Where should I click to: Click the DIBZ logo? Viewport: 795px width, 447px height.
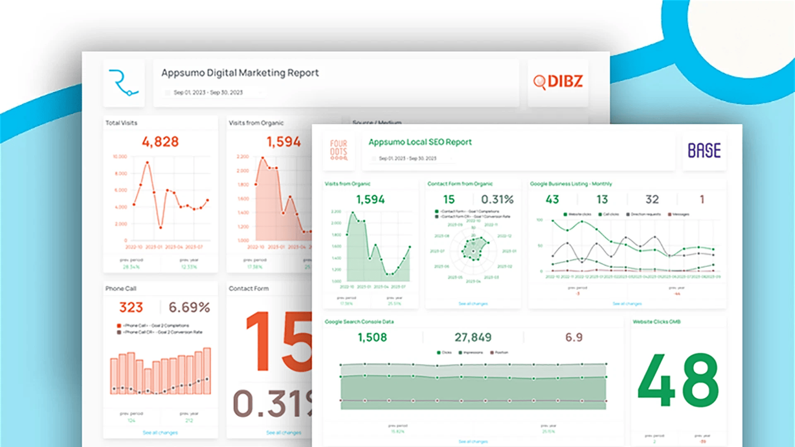pos(558,82)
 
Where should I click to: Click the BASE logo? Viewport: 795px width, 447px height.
pos(704,150)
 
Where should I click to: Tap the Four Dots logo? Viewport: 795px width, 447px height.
pos(339,150)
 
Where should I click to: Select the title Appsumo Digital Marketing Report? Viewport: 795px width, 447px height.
pos(240,73)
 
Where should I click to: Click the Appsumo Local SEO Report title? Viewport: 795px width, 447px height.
pos(420,142)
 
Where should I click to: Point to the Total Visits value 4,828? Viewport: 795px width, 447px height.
pos(160,142)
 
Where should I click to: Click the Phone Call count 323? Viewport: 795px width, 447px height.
pos(131,308)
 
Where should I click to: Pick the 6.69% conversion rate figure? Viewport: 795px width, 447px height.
pos(189,308)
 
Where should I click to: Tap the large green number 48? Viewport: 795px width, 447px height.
pos(678,380)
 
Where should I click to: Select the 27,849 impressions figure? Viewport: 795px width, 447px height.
pos(473,338)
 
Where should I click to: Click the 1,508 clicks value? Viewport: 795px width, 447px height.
pos(372,338)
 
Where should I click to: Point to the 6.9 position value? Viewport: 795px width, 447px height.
pos(574,338)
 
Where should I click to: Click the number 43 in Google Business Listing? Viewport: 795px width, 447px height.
pos(552,199)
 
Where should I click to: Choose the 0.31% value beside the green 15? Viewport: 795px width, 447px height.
pos(497,199)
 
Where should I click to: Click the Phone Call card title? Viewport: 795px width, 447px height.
pos(120,288)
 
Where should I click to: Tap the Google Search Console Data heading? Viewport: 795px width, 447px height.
pos(359,322)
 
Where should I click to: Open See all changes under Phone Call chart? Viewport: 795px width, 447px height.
pos(160,433)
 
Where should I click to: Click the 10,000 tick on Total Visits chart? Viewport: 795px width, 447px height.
pos(120,156)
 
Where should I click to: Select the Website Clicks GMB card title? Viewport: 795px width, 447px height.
pos(656,322)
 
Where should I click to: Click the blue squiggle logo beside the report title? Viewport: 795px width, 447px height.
pos(123,83)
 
